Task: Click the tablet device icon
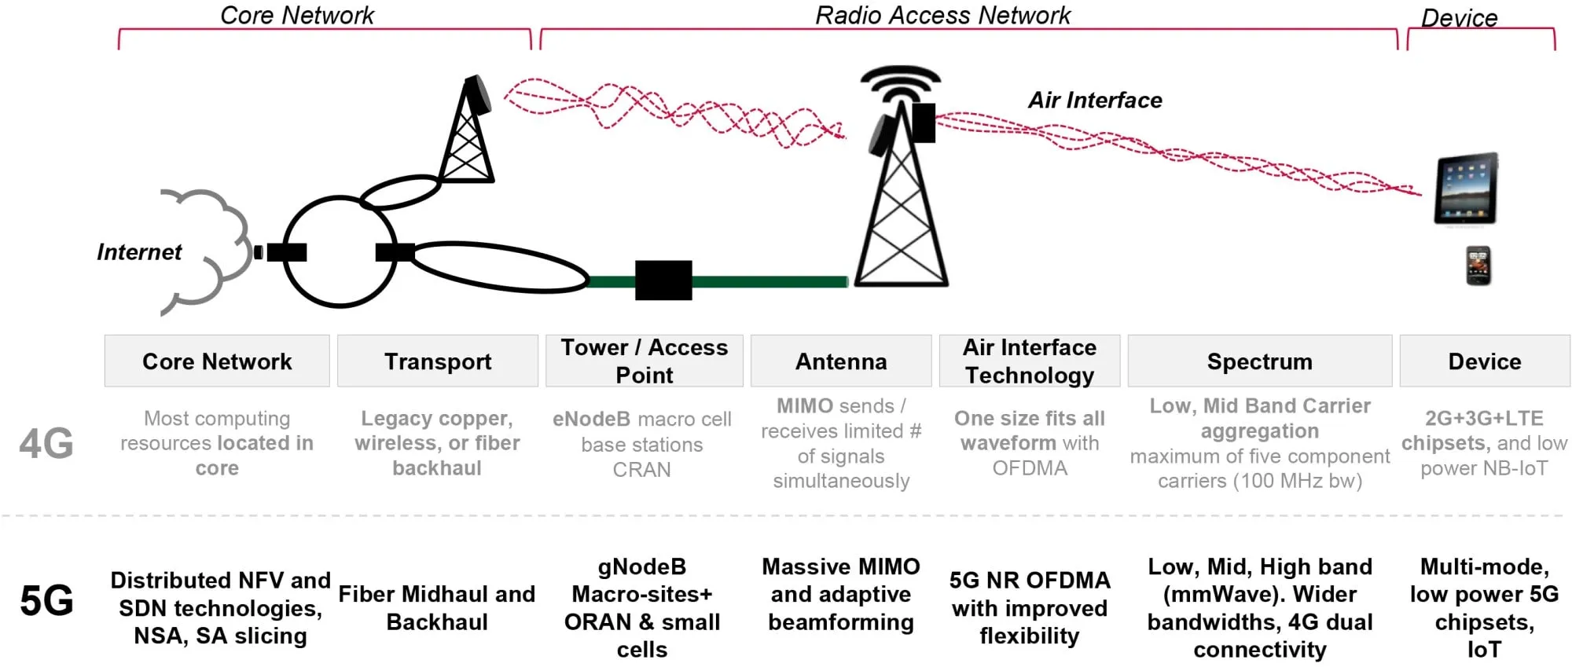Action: pyautogui.click(x=1466, y=189)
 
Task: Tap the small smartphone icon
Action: pyautogui.click(x=1478, y=266)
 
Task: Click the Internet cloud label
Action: pyautogui.click(x=139, y=252)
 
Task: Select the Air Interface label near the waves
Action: pyautogui.click(x=1095, y=101)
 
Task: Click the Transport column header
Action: pyautogui.click(x=438, y=361)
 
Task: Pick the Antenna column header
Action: pyautogui.click(x=841, y=361)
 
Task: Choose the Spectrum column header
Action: pyautogui.click(x=1259, y=361)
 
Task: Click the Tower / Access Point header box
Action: pyautogui.click(x=644, y=361)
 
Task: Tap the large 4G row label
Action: pyautogui.click(x=46, y=443)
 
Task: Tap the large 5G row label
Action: pyautogui.click(x=46, y=601)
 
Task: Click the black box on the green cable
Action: pyautogui.click(x=663, y=280)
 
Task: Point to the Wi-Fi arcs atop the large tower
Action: pyautogui.click(x=901, y=83)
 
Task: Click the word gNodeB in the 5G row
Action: pyautogui.click(x=641, y=566)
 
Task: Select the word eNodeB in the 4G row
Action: pyautogui.click(x=591, y=419)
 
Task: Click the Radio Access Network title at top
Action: pyautogui.click(x=942, y=15)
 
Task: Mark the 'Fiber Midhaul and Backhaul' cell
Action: pyautogui.click(x=437, y=607)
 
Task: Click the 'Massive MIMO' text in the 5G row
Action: pyautogui.click(x=840, y=566)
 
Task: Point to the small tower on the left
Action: pyautogui.click(x=467, y=134)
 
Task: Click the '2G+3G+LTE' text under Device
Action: pyautogui.click(x=1484, y=418)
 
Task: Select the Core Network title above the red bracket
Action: pyautogui.click(x=297, y=15)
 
